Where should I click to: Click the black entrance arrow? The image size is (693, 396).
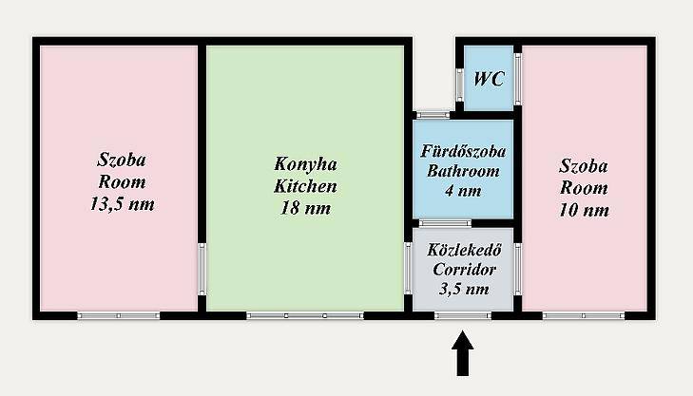462,353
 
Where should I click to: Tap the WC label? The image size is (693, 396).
489,79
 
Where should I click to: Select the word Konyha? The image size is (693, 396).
305,164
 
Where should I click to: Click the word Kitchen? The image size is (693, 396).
305,186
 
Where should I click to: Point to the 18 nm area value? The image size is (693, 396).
305,208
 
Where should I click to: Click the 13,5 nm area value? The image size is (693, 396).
123,204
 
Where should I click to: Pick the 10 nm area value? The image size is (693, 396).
584,210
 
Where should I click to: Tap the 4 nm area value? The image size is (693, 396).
463,191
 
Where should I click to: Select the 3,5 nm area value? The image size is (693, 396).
464,289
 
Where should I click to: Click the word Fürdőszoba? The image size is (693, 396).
463,151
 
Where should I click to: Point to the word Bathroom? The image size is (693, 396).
463,171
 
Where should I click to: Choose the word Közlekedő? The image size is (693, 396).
464,250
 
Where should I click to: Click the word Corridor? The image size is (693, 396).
464,270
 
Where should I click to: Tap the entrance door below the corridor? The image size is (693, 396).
463,315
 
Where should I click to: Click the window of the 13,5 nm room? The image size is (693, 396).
119,315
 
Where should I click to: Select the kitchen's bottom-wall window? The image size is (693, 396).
305,315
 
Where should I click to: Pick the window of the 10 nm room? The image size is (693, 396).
584,315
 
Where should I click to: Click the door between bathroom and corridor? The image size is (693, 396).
445,223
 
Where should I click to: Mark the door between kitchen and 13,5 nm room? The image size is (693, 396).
202,270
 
